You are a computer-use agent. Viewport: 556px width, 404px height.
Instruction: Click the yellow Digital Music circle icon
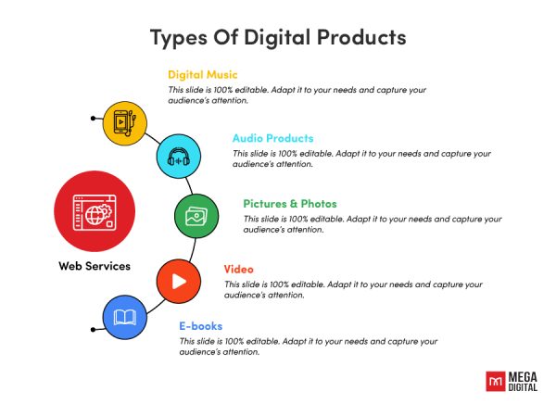(123, 121)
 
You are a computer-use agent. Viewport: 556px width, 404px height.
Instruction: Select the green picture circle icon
(196, 217)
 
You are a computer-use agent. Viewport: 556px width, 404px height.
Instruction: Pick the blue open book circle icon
(124, 318)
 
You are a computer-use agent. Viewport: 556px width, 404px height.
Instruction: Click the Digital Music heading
(202, 74)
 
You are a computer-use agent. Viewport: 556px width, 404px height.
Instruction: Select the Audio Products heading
(272, 138)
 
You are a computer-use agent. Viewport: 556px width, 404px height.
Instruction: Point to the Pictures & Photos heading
(290, 203)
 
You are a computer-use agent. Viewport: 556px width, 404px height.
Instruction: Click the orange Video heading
(238, 269)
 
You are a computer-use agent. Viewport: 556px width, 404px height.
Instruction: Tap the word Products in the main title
(357, 38)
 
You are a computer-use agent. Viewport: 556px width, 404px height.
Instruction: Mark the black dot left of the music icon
(94, 119)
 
